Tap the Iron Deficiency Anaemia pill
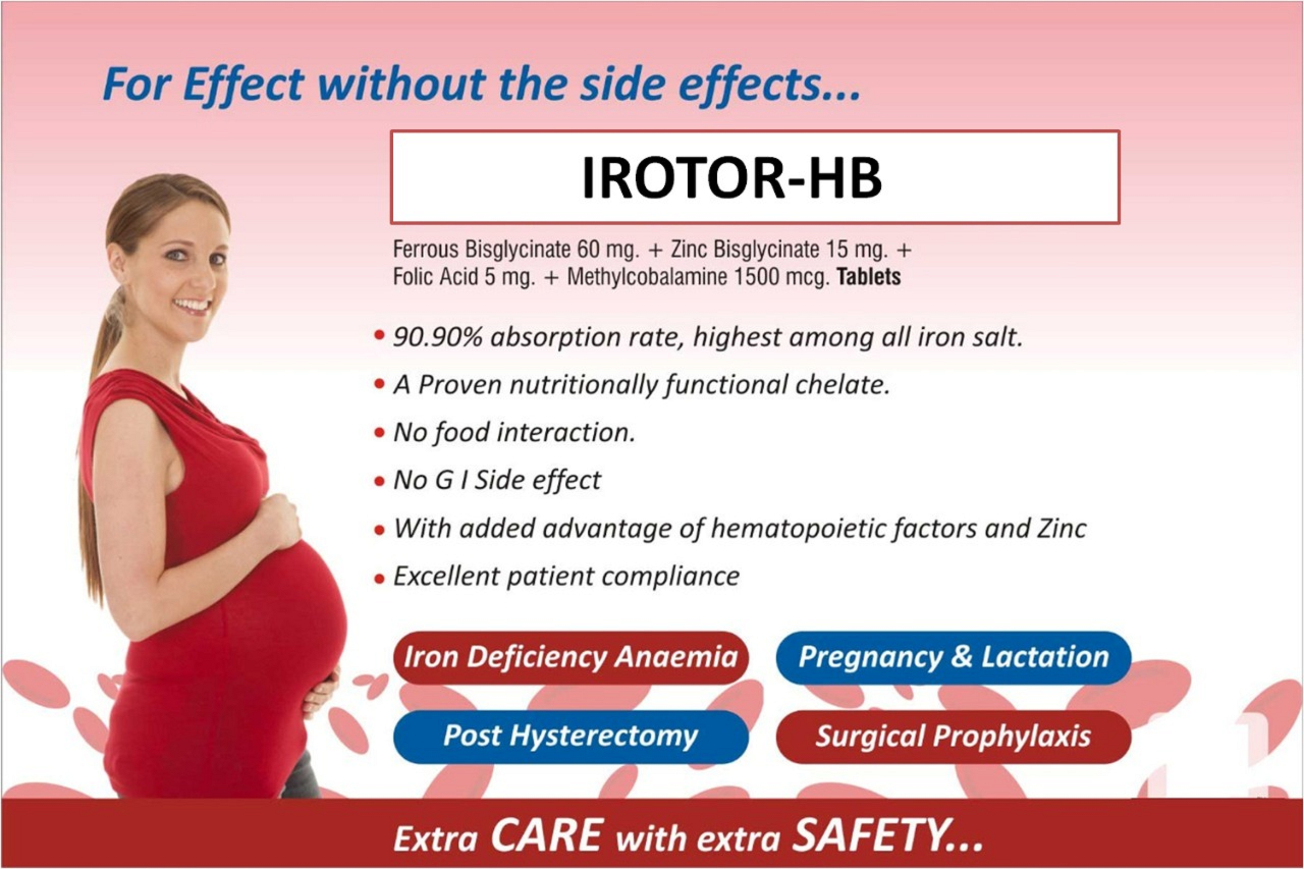571,657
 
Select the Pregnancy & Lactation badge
953,657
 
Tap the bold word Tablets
868,276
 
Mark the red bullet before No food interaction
379,433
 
